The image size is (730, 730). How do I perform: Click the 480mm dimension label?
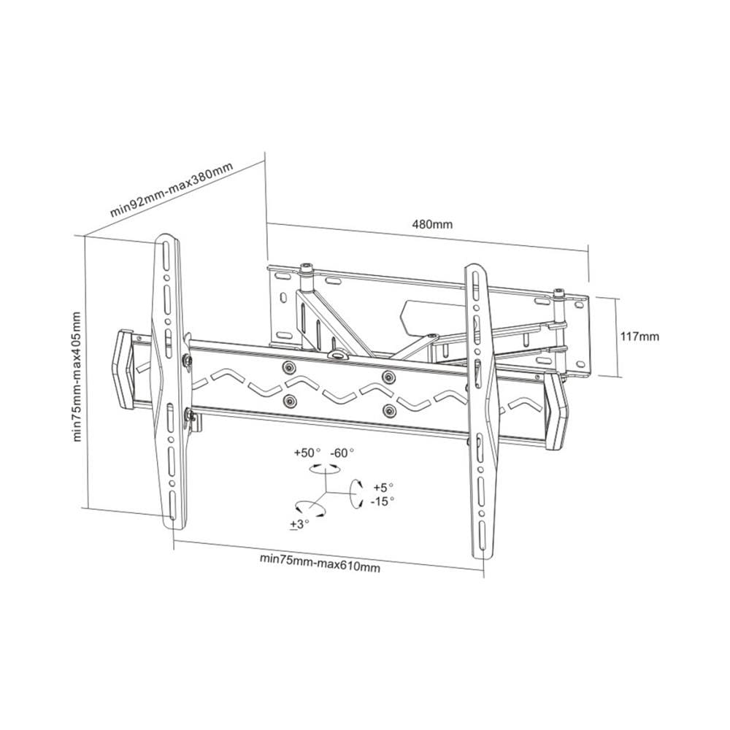pyautogui.click(x=432, y=224)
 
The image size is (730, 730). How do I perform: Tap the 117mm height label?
pyautogui.click(x=639, y=336)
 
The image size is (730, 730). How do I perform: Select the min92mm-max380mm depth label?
pyautogui.click(x=171, y=190)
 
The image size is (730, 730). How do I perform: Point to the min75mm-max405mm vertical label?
pyautogui.click(x=77, y=377)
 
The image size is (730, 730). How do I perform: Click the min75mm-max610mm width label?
pyautogui.click(x=320, y=563)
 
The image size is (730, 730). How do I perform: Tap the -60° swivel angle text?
pyautogui.click(x=342, y=453)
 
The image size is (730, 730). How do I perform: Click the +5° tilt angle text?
pyautogui.click(x=383, y=488)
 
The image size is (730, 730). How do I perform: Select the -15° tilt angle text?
pyautogui.click(x=383, y=502)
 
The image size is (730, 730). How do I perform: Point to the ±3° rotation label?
pyautogui.click(x=299, y=524)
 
